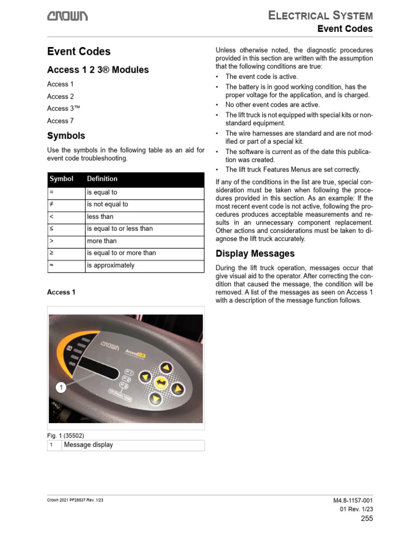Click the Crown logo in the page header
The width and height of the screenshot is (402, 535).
point(68,17)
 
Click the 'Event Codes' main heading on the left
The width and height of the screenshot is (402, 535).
point(79,51)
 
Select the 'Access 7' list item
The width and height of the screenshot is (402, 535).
point(58,121)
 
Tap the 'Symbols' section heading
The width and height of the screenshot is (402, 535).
point(66,136)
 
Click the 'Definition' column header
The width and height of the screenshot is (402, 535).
point(102,179)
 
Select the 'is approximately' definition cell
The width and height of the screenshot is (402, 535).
point(110,265)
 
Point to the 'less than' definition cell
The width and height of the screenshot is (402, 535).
point(100,217)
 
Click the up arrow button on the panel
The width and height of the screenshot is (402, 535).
point(165,367)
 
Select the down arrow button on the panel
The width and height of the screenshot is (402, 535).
point(155,399)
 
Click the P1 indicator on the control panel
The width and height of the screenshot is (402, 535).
point(128,373)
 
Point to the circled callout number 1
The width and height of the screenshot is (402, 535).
point(61,387)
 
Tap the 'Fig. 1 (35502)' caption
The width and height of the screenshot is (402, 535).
point(65,435)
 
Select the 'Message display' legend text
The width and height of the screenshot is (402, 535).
point(88,445)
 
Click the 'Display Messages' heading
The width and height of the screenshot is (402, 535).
point(255,254)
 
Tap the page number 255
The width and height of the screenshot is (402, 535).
point(367,519)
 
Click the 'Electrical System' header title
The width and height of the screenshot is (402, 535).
point(320,15)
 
